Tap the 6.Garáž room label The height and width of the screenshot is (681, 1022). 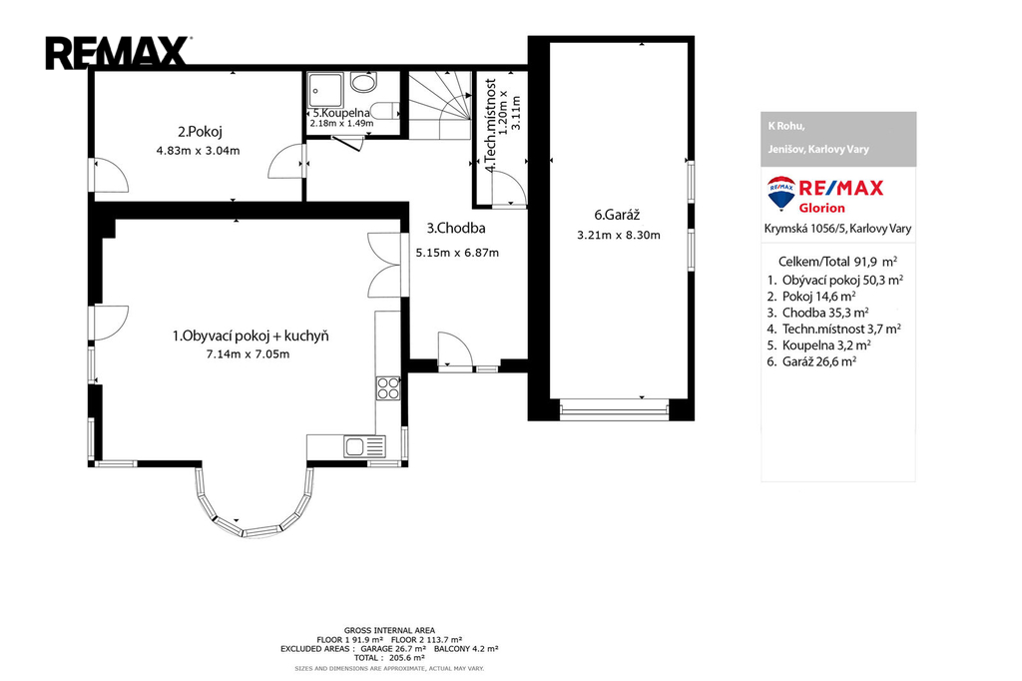[x=617, y=215]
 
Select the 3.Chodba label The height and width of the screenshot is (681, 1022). [x=456, y=229]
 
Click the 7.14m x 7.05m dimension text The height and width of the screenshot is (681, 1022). [x=248, y=354]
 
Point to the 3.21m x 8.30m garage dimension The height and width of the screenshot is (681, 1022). [x=619, y=236]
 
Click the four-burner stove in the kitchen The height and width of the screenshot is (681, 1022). [x=388, y=388]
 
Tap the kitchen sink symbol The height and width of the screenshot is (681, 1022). [x=365, y=446]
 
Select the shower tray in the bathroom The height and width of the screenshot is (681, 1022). [x=325, y=90]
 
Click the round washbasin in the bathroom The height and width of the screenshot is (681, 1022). [x=363, y=82]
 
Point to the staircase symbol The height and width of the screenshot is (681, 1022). [x=439, y=105]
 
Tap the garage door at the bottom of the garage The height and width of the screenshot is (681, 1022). [x=614, y=410]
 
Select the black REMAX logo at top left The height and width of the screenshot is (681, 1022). [x=118, y=54]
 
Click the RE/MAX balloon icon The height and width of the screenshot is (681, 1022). [x=781, y=193]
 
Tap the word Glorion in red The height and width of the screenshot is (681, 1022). [x=822, y=208]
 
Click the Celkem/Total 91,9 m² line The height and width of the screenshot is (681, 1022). [x=837, y=262]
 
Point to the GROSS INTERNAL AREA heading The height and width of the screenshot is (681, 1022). [x=390, y=631]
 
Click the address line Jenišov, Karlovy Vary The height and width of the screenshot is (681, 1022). [x=818, y=150]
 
